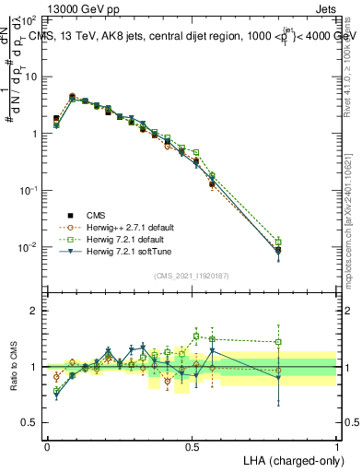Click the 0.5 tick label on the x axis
click(192, 446)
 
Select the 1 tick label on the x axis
click(336, 446)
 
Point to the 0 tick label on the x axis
click(47, 446)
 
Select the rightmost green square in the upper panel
click(278, 242)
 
